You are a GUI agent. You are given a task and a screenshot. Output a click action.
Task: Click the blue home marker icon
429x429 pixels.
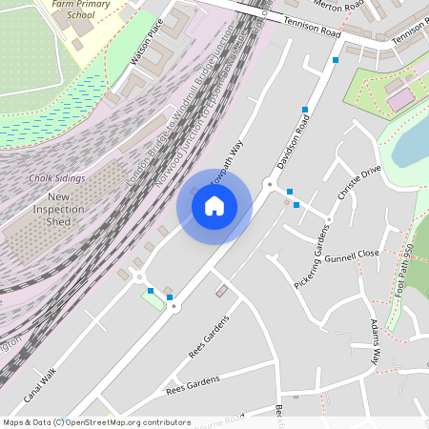coord(214,205)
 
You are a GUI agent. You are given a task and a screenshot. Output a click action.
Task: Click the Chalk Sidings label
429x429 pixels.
coord(56,178)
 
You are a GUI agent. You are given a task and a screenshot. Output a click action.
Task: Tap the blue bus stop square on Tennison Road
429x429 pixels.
coord(336,60)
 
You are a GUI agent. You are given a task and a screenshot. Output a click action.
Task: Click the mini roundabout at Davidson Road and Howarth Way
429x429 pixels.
coord(270,183)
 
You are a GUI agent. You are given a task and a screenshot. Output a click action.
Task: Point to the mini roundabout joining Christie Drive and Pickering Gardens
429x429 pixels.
coord(329,220)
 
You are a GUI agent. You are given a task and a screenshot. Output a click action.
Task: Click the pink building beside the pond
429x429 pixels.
coord(400,97)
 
